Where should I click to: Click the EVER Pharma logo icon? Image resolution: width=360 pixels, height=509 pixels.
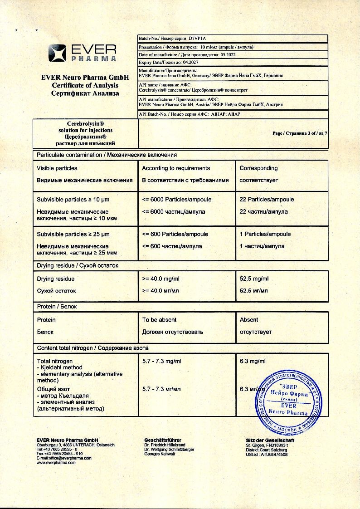coord(58,53)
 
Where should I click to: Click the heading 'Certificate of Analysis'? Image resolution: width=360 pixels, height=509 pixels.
coord(85,85)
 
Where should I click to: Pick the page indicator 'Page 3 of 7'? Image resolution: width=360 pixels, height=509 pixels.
coord(299,133)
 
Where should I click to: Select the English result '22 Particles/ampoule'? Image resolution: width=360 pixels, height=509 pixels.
coord(267,200)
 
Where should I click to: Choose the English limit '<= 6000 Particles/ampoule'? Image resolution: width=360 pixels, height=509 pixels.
coord(176,200)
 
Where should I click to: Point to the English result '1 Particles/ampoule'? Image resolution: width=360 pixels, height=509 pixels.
coord(265,235)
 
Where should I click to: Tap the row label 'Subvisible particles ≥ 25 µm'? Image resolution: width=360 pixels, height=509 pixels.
coord(73,235)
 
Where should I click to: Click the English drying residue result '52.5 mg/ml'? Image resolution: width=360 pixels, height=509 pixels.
coord(254,279)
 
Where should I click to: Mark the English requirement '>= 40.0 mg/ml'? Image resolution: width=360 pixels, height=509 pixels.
coord(162,279)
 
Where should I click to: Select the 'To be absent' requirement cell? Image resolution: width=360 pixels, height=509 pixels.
coord(159,320)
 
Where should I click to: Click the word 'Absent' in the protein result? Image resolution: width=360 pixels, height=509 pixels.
coord(249,320)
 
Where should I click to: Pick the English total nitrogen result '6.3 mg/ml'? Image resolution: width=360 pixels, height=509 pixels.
coord(253,361)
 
